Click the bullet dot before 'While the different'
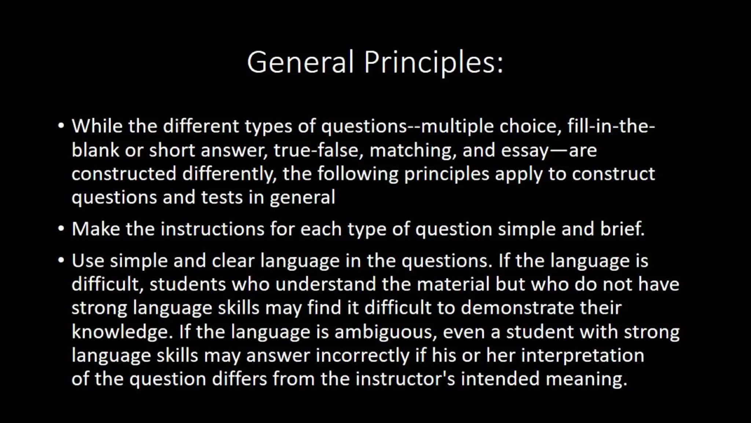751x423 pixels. [61, 126]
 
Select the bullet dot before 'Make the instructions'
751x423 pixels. [61, 229]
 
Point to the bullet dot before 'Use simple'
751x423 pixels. [61, 261]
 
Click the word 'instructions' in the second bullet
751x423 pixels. [213, 229]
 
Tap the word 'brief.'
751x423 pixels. [622, 229]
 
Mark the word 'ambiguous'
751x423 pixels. [385, 332]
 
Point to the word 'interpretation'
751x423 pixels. [582, 355]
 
